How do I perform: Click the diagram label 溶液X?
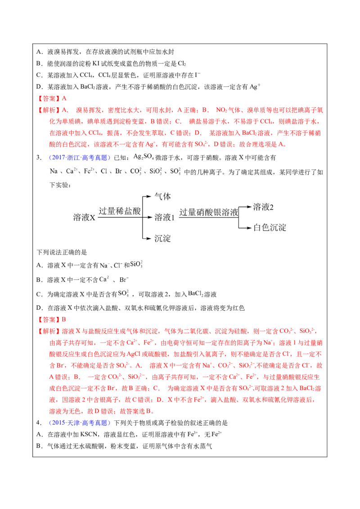pyautogui.click(x=84, y=217)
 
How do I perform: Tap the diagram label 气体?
pyautogui.click(x=162, y=196)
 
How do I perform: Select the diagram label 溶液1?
pyautogui.click(x=164, y=217)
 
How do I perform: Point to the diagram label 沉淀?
pyautogui.click(x=162, y=239)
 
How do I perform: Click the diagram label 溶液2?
pyautogui.click(x=263, y=207)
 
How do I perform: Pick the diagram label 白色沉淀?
pyautogui.click(x=270, y=228)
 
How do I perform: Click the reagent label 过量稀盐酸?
pyautogui.click(x=120, y=211)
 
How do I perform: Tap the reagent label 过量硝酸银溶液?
pyautogui.click(x=209, y=212)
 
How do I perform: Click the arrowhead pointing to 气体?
pyautogui.click(x=149, y=196)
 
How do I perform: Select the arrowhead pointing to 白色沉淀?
pyautogui.click(x=249, y=228)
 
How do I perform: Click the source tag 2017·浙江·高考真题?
pyautogui.click(x=80, y=158)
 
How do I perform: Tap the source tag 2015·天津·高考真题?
pyautogui.click(x=80, y=423)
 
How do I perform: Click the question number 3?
pyautogui.click(x=39, y=158)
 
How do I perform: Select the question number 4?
pyautogui.click(x=39, y=423)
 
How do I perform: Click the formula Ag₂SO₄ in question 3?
pyautogui.click(x=144, y=157)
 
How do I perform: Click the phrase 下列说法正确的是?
pyautogui.click(x=62, y=252)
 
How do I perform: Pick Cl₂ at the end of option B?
pyautogui.click(x=182, y=64)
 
